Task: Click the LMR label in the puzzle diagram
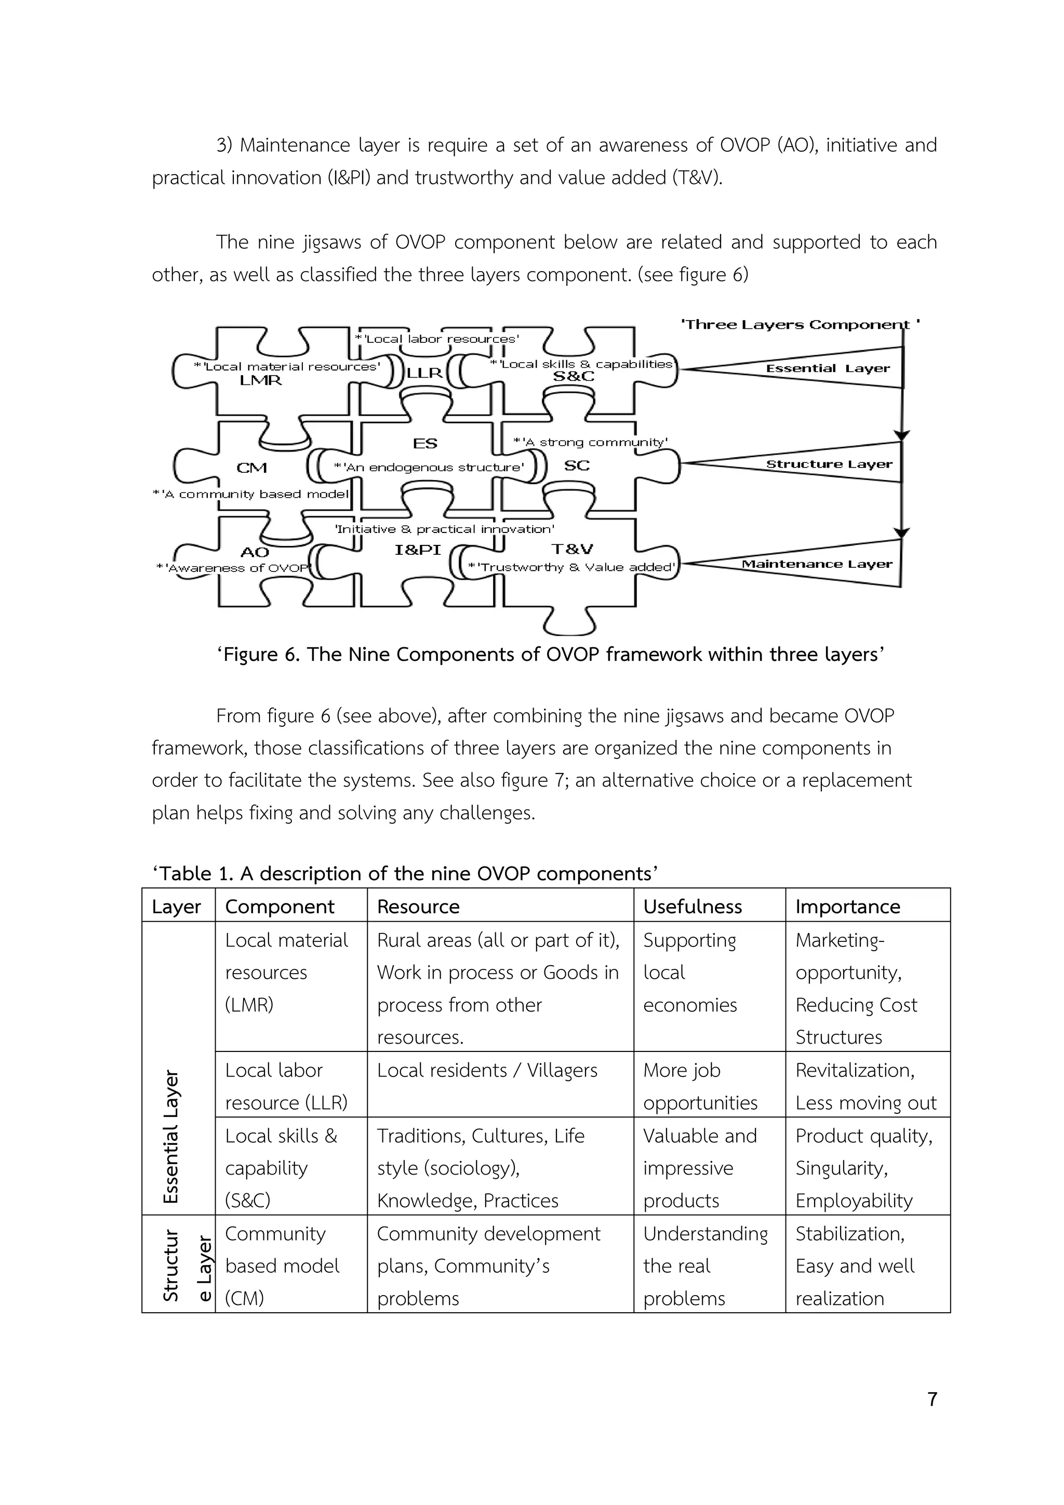pos(260,380)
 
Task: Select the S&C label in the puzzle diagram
pos(574,376)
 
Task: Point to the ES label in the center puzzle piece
pos(425,444)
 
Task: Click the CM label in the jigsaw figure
pos(252,468)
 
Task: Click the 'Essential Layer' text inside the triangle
pos(828,368)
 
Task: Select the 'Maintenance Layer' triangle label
pos(817,564)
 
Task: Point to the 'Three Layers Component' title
pos(800,325)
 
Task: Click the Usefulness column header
pos(693,907)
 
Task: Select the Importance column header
pos(848,907)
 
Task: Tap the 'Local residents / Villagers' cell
pos(487,1070)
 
